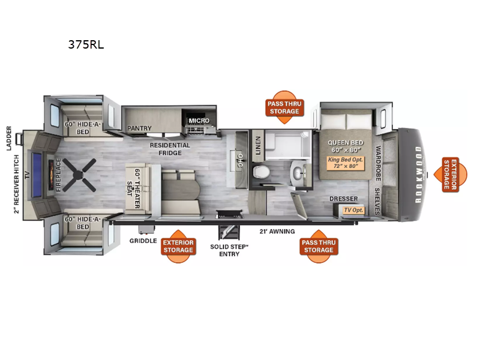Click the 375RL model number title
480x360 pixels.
tap(86, 44)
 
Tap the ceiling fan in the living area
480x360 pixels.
tap(79, 175)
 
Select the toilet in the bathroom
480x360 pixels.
tap(262, 172)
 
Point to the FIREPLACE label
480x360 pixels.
tap(58, 175)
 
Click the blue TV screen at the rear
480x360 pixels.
tap(37, 175)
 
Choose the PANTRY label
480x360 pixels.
tap(139, 128)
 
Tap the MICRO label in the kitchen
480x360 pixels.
tap(199, 121)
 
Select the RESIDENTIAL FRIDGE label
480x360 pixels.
tap(170, 149)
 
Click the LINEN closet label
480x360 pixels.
tap(258, 146)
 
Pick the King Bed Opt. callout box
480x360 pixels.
tap(346, 163)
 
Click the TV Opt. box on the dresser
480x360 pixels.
tap(353, 210)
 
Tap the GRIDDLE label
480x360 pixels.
tap(143, 241)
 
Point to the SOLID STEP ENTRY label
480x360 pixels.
tap(229, 250)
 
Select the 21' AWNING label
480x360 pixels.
tap(277, 232)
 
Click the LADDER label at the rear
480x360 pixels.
tap(9, 139)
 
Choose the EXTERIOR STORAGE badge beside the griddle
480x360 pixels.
tap(178, 247)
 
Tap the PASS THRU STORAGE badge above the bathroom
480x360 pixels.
tap(284, 107)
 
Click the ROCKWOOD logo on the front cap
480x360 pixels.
tap(418, 175)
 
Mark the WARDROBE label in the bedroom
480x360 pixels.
tap(379, 163)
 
